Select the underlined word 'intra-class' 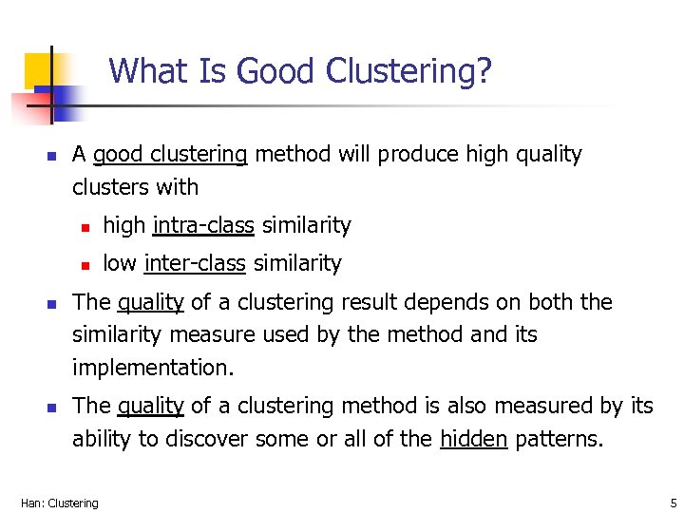click(x=203, y=226)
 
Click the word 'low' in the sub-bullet click(x=119, y=263)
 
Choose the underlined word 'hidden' click(x=474, y=440)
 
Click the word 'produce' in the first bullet click(x=418, y=155)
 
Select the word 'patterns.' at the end click(x=559, y=440)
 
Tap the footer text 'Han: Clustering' click(x=59, y=503)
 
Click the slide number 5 click(x=671, y=503)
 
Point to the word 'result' click(x=382, y=302)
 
